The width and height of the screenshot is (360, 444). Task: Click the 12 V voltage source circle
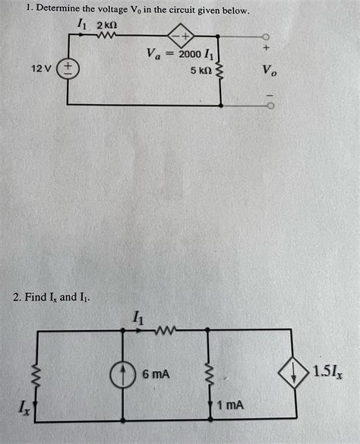pyautogui.click(x=68, y=69)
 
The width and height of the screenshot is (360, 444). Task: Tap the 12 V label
pyautogui.click(x=41, y=69)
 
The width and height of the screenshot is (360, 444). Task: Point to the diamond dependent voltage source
pyautogui.click(x=183, y=36)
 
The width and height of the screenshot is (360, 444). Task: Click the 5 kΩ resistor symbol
pyautogui.click(x=220, y=72)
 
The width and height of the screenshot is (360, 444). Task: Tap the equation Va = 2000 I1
pyautogui.click(x=182, y=54)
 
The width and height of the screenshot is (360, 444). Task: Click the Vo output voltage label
pyautogui.click(x=270, y=71)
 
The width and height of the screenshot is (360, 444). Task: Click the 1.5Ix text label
pyautogui.click(x=331, y=373)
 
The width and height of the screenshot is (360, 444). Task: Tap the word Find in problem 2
pyautogui.click(x=38, y=297)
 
